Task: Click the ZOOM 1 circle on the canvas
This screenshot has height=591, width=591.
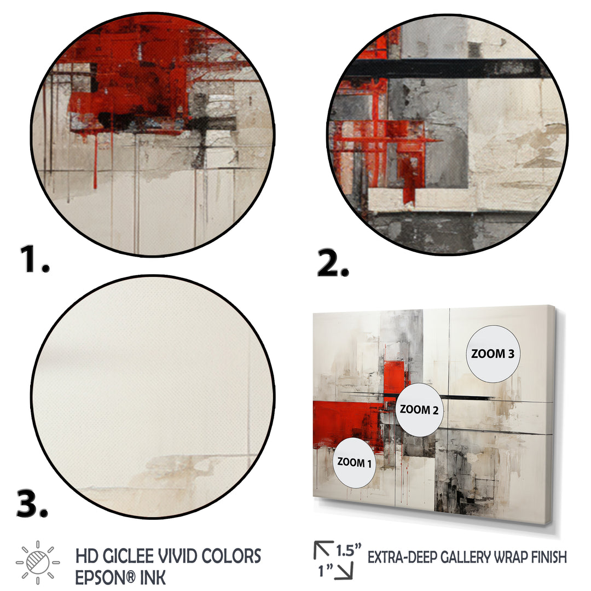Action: click(x=354, y=462)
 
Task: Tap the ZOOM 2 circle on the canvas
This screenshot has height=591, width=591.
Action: click(x=419, y=410)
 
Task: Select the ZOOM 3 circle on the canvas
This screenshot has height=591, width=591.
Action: click(x=493, y=354)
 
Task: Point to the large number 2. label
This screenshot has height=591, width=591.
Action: click(x=333, y=263)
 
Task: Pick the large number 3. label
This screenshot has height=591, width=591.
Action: click(x=32, y=504)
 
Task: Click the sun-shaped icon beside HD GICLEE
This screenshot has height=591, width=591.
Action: click(x=38, y=563)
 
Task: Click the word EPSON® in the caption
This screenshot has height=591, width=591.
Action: click(x=105, y=578)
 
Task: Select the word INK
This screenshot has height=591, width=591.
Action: click(x=153, y=578)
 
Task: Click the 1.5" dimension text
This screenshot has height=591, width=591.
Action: click(x=349, y=550)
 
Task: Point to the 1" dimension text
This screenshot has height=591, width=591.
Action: click(x=325, y=571)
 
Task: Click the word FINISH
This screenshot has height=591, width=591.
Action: click(x=549, y=557)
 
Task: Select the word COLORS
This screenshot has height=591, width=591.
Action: click(x=231, y=557)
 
